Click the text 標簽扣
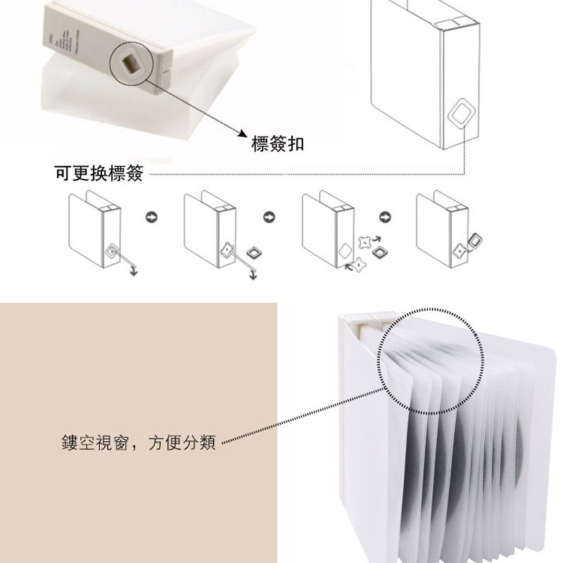[x=278, y=144]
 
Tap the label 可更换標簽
[x=99, y=173]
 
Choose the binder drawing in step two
[x=210, y=229]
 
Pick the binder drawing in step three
[x=328, y=229]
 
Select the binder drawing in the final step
[x=442, y=229]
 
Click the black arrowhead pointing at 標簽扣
[x=240, y=135]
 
